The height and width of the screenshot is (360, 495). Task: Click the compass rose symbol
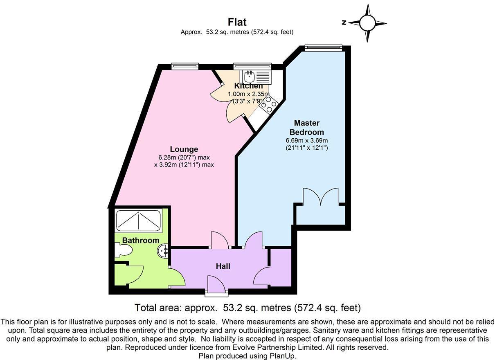pyautogui.click(x=367, y=23)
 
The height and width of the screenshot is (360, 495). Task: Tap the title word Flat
pyautogui.click(x=237, y=22)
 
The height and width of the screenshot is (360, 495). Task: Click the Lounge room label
pyautogui.click(x=184, y=149)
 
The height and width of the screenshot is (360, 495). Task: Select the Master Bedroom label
pyautogui.click(x=306, y=128)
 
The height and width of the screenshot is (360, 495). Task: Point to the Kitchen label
pyautogui.click(x=248, y=86)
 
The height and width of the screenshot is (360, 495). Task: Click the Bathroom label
pyautogui.click(x=141, y=241)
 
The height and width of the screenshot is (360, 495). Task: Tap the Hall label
pyautogui.click(x=223, y=266)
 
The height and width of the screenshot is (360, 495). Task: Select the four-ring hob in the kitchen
pyautogui.click(x=268, y=105)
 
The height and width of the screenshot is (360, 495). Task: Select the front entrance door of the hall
pyautogui.click(x=217, y=286)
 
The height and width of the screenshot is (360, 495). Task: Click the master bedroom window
pyautogui.click(x=323, y=47)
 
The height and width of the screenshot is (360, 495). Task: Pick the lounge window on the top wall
pyautogui.click(x=184, y=66)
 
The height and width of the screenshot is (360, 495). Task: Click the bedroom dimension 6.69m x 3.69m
pyautogui.click(x=306, y=140)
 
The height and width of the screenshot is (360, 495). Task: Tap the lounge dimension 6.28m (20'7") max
pyautogui.click(x=184, y=157)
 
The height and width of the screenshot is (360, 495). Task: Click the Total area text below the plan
pyautogui.click(x=248, y=308)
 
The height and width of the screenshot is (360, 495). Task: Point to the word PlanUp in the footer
pyautogui.click(x=282, y=356)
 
